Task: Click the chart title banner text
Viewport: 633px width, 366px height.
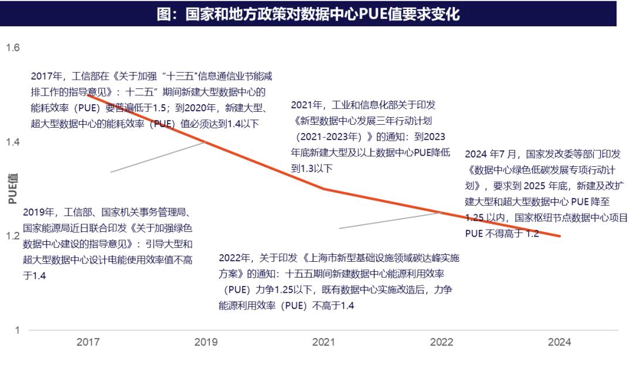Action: pos(308,14)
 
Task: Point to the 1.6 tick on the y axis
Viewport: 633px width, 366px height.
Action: pos(13,47)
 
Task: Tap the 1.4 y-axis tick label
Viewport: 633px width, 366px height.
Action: pos(13,142)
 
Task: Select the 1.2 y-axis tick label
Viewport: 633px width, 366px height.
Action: pos(13,236)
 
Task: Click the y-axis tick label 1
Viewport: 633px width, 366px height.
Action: pos(17,330)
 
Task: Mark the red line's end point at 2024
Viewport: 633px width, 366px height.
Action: pos(560,236)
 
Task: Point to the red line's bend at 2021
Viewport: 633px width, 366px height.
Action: pos(324,189)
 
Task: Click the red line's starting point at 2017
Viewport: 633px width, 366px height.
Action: pos(88,95)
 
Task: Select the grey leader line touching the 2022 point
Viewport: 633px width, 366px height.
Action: pos(390,220)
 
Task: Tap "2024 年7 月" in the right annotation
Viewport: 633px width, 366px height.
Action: pos(491,155)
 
